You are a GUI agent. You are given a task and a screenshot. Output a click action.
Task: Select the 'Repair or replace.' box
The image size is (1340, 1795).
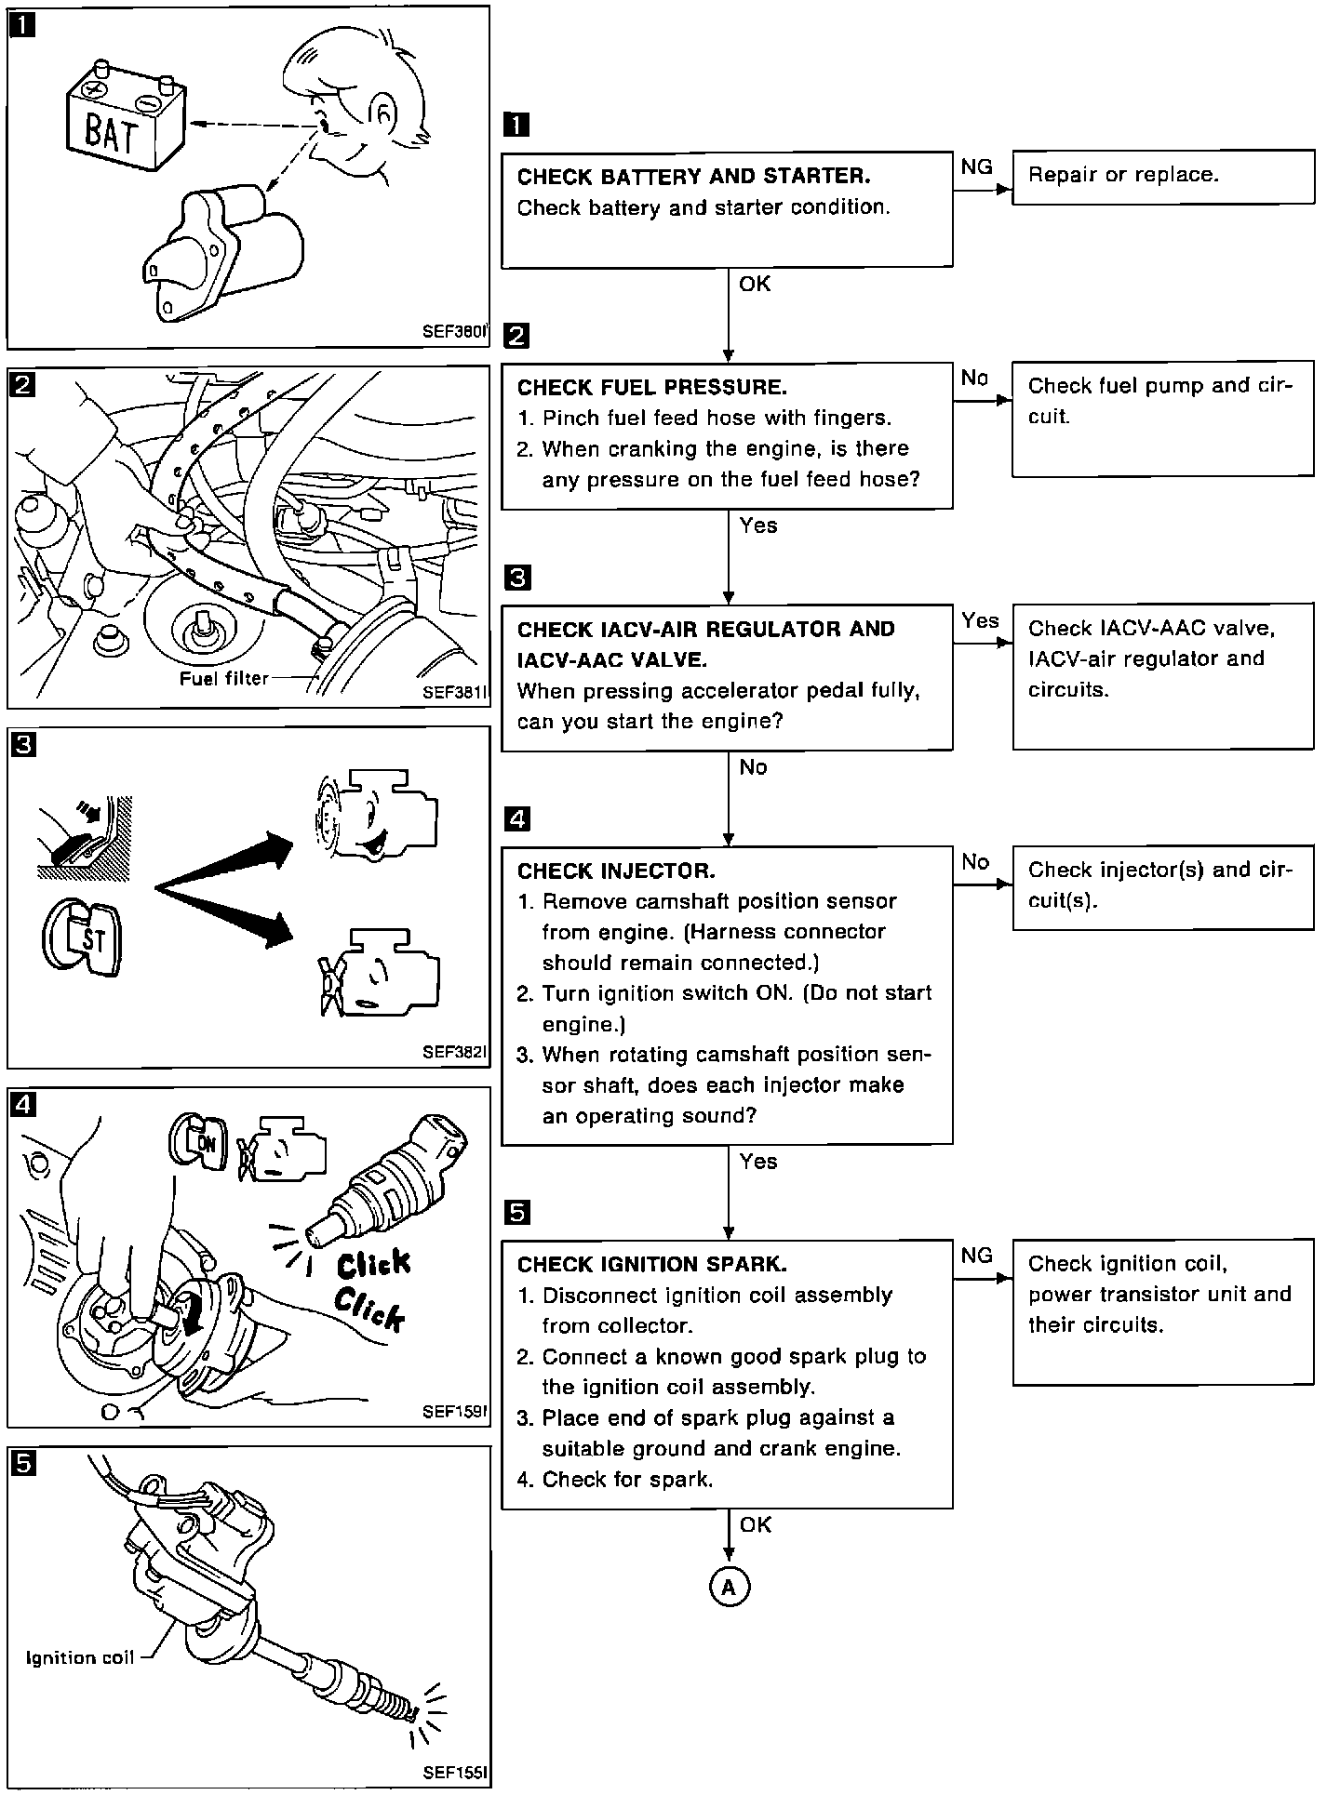coord(1163,176)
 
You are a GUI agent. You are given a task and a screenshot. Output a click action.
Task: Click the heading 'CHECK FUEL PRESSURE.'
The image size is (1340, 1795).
coord(651,387)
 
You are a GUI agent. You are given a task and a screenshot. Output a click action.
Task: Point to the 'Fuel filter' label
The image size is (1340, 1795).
coord(223,679)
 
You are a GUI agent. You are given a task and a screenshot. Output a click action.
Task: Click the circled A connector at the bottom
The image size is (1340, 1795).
coord(729,1588)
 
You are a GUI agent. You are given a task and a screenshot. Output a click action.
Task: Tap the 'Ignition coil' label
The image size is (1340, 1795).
coord(80,1657)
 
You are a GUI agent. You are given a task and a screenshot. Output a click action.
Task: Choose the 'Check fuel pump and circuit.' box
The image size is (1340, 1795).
coord(1163,419)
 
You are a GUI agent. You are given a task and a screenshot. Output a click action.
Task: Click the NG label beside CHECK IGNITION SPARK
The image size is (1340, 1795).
coord(976,1256)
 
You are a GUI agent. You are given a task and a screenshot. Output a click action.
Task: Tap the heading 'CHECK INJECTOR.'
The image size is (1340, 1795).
coord(616,871)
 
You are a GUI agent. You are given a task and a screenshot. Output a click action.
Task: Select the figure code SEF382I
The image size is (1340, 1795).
coord(453,1052)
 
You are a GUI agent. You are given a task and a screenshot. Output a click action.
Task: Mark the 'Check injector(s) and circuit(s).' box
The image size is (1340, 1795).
coord(1163,886)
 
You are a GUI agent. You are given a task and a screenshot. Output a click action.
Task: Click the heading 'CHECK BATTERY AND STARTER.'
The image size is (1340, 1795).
coord(693,177)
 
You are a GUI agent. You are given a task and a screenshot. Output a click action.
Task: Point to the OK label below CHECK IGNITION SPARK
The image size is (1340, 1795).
coord(756,1524)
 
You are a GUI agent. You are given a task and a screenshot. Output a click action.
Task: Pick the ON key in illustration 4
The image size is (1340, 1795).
coord(199,1143)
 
